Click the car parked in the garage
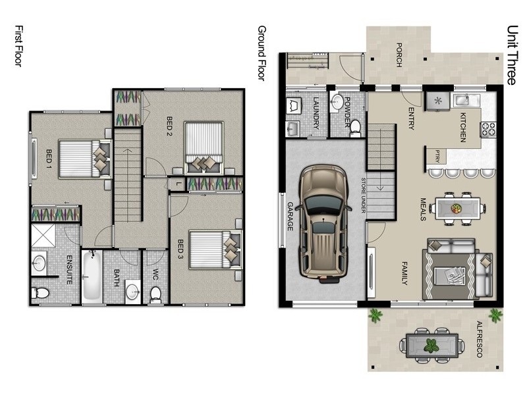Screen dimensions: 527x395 pos(323,223)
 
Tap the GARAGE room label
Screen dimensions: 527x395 pos(291,217)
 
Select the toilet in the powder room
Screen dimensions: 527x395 pos(355,128)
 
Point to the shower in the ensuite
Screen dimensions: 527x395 pos(43,235)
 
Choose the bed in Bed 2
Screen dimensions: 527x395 pos(204,147)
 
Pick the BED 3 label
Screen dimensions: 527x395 pos(180,250)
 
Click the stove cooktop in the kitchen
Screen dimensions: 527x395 pos(488,129)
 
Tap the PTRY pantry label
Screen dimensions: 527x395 pos(437,156)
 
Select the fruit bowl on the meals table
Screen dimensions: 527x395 pos(456,208)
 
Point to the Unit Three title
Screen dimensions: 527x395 pos(512,55)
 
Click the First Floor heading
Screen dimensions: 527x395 pos(19,45)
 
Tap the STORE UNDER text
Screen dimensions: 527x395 pos(364,195)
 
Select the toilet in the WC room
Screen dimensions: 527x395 pos(155,294)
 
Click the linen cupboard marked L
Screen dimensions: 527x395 pos(179,184)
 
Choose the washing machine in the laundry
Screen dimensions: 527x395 pos(294,106)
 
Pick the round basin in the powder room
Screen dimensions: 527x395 pos(337,102)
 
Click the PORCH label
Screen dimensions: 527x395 pos(399,55)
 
